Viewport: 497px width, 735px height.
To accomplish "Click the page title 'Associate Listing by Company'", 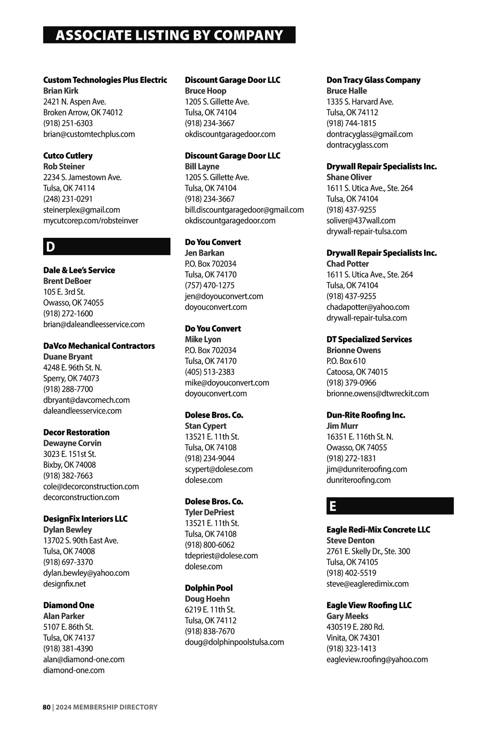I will (169, 35).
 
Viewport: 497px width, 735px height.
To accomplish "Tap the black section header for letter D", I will (106, 247).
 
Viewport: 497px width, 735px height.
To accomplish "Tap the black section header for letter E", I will (390, 506).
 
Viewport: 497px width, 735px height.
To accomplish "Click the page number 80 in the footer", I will (46, 707).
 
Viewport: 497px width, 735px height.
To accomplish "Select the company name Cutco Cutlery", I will (68, 156).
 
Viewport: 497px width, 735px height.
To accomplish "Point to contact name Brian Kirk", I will (61, 91).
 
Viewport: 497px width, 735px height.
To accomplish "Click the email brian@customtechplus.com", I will (89, 134).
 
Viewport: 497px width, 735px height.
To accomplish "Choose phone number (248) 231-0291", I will (68, 199).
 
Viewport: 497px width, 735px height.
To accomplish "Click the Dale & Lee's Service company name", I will (79, 270).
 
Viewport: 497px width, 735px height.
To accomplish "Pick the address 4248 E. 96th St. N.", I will (72, 367).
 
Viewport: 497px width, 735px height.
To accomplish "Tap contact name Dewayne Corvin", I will (72, 443).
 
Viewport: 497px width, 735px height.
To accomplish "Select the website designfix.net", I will (65, 583).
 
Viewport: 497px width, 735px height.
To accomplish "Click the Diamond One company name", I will (69, 605).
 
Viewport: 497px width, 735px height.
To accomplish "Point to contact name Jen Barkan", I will (205, 253).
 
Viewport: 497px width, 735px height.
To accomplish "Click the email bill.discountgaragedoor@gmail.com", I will (244, 210).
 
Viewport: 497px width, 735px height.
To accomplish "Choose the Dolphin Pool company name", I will (209, 588).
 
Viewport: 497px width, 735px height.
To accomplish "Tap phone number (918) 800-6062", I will (210, 544).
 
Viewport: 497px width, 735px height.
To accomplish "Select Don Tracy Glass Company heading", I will (373, 80).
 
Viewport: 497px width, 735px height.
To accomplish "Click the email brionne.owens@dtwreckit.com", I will (377, 393).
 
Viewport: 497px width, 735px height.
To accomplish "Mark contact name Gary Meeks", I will (347, 616).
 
